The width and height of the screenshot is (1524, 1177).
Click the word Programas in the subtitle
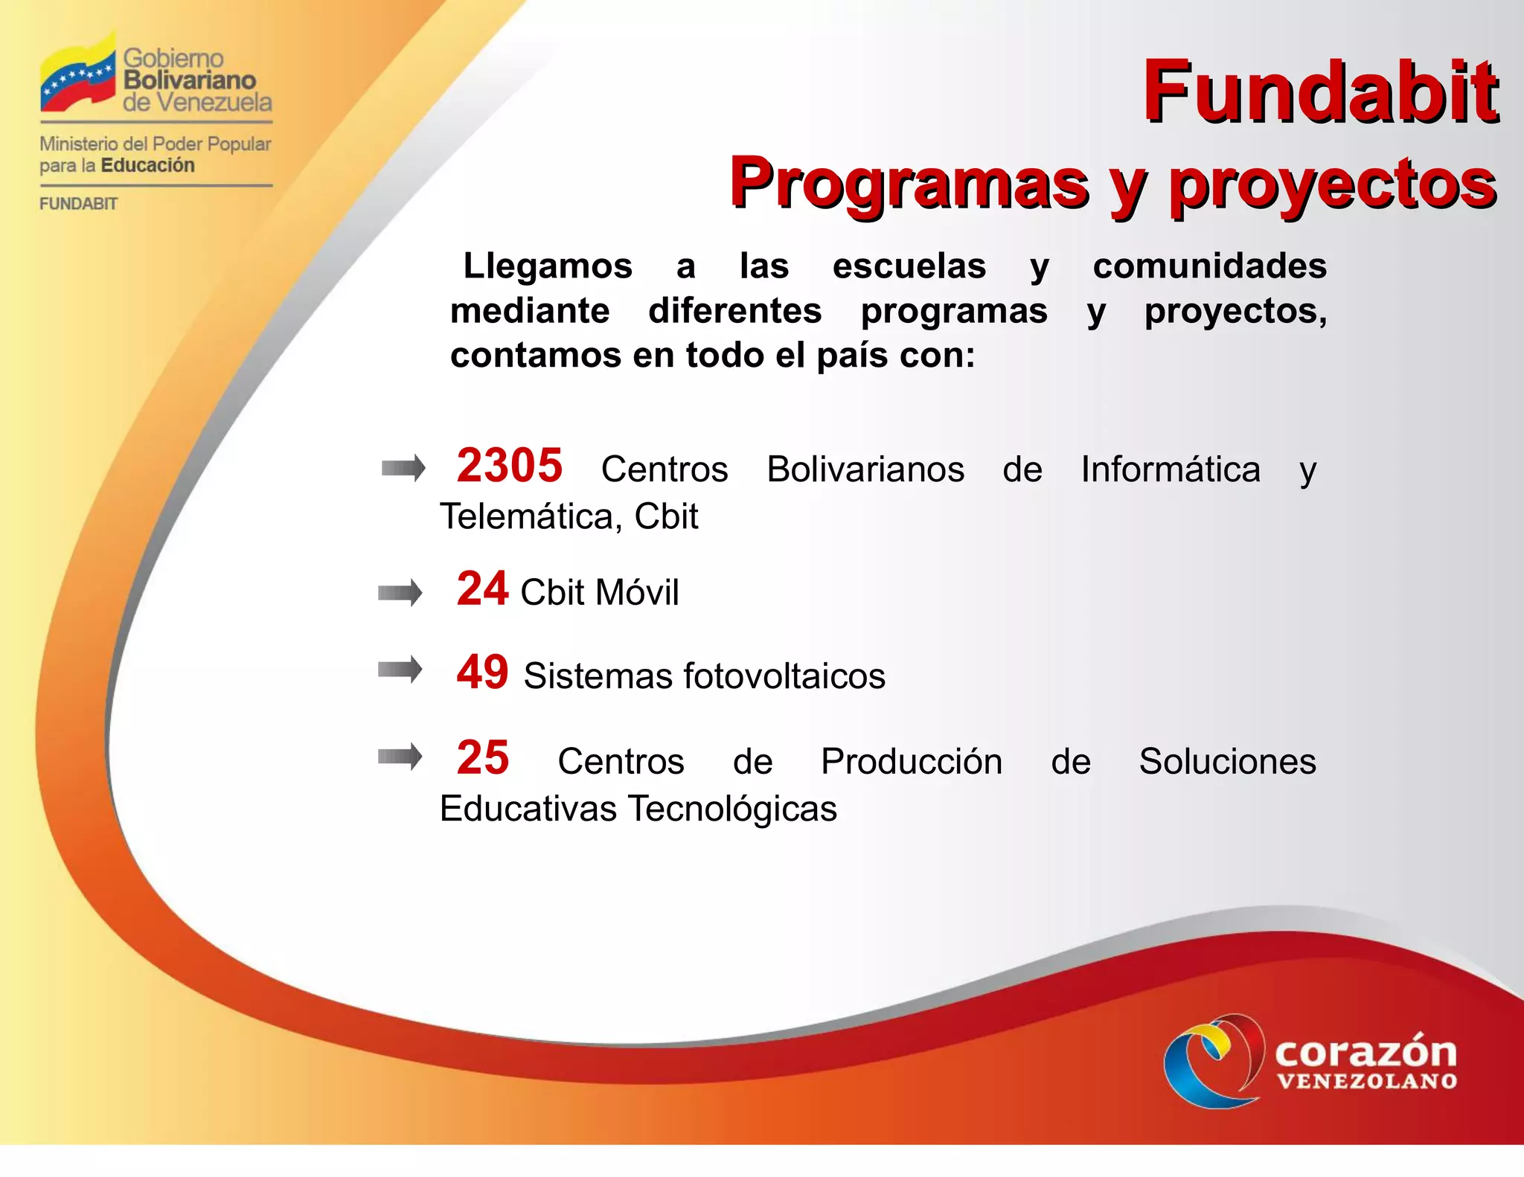coord(909,183)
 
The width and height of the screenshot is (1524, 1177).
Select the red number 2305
coord(510,466)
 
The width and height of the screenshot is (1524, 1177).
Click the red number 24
coord(482,588)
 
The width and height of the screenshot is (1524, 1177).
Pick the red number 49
coord(482,672)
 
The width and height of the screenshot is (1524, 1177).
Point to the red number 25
coord(482,757)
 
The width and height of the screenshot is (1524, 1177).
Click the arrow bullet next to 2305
coord(403,468)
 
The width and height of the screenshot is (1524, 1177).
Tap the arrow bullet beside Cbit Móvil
coord(400,593)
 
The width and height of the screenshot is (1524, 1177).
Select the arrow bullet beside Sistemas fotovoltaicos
coord(400,670)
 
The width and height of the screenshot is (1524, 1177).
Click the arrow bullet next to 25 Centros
coord(400,757)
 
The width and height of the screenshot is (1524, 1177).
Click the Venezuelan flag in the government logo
coord(78,74)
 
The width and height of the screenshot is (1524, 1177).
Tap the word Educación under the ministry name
coord(147,165)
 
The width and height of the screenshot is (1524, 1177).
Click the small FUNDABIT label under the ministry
coord(78,204)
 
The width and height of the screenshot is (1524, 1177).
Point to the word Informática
coord(1170,469)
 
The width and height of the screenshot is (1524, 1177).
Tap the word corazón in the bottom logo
coord(1365,1052)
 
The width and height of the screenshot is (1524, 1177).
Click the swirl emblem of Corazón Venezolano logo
coord(1213,1061)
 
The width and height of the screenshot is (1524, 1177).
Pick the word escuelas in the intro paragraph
coord(909,266)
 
